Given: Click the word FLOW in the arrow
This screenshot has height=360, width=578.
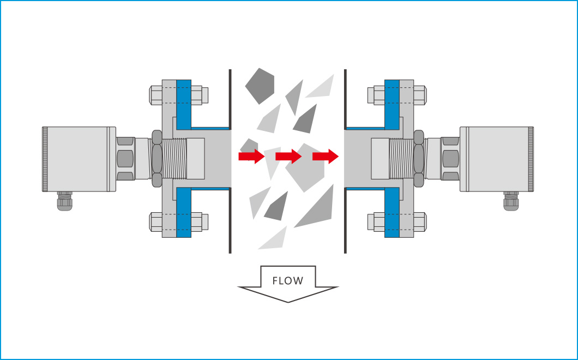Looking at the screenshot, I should (x=287, y=281).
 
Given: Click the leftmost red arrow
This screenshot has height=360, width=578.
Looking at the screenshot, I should (x=251, y=157).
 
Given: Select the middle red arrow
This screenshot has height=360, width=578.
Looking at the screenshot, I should (x=288, y=157).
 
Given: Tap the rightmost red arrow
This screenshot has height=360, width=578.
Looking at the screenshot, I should (x=325, y=157).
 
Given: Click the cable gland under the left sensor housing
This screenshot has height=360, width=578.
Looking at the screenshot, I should (x=65, y=201).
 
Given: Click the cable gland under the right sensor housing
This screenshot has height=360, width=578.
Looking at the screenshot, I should (x=511, y=201).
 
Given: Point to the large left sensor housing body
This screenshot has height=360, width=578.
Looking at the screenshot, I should (x=79, y=159).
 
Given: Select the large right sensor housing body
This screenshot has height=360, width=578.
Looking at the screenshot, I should (x=496, y=159).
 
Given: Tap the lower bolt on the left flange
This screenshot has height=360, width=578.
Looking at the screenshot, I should (x=178, y=222).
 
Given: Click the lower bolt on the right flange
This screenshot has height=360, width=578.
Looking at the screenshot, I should (x=398, y=222).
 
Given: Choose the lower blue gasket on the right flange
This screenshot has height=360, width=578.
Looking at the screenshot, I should (x=392, y=213).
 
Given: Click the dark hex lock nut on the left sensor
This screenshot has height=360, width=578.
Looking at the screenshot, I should (x=156, y=158).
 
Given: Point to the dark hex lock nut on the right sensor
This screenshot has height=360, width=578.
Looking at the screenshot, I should (x=420, y=158).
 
